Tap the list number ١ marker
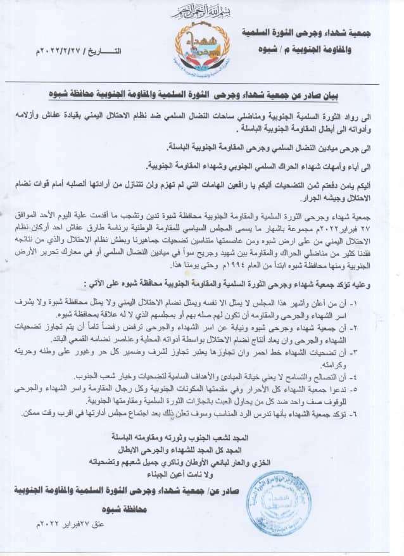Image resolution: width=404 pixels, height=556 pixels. click(376, 298)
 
